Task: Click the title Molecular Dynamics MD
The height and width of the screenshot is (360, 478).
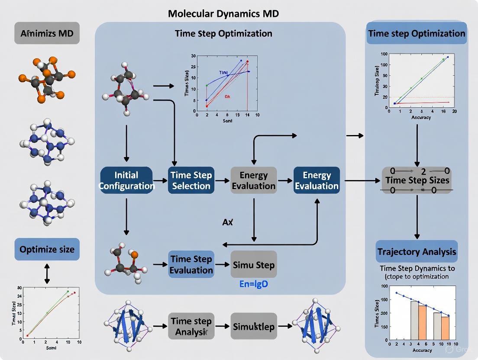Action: pyautogui.click(x=223, y=13)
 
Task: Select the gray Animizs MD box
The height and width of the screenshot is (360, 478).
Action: pyautogui.click(x=47, y=33)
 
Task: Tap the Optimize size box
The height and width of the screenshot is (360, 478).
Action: pyautogui.click(x=47, y=249)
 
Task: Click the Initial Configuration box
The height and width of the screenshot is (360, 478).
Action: pyautogui.click(x=126, y=180)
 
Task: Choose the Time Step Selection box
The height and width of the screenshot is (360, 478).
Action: pyautogui.click(x=191, y=180)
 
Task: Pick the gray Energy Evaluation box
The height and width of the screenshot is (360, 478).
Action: pyautogui.click(x=254, y=180)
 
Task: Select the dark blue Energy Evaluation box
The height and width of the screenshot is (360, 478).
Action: pyautogui.click(x=317, y=180)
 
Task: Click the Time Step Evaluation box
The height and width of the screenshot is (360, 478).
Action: pyautogui.click(x=191, y=264)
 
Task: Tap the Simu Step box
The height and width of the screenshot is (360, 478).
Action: pyautogui.click(x=254, y=264)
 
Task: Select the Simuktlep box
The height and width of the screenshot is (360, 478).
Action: pyautogui.click(x=254, y=327)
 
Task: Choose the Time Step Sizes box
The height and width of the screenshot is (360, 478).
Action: pyautogui.click(x=417, y=180)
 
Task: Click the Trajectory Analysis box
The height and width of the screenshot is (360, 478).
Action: pyautogui.click(x=417, y=252)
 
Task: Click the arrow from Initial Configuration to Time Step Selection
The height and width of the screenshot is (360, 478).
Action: pyautogui.click(x=160, y=180)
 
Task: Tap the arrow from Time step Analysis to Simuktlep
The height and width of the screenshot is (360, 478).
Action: pyautogui.click(x=222, y=327)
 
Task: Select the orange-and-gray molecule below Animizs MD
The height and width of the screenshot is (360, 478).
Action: pyautogui.click(x=47, y=79)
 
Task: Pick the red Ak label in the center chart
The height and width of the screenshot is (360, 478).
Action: pyautogui.click(x=227, y=97)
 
